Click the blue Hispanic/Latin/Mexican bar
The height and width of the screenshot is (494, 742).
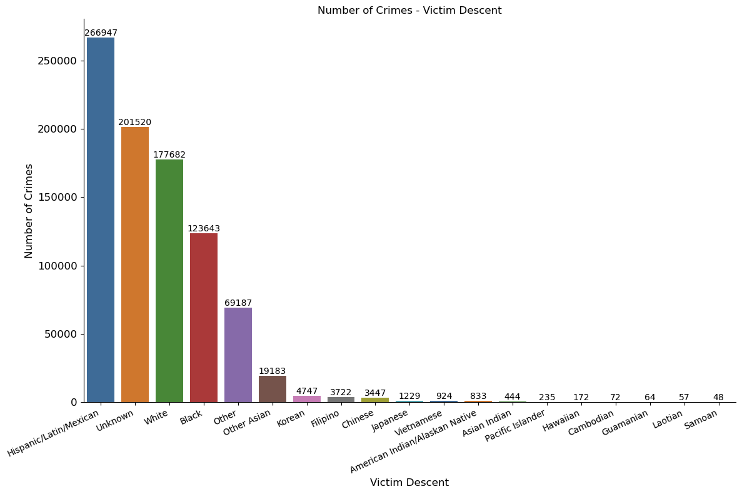(101, 219)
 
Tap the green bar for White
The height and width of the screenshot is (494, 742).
(169, 281)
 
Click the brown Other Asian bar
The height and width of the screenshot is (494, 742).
(273, 389)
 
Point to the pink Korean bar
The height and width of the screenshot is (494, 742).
(307, 398)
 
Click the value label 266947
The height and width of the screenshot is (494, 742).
(101, 33)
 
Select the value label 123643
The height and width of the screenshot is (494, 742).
(204, 229)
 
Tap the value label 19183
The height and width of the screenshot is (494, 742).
(273, 371)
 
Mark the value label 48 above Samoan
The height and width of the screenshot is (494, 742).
(718, 398)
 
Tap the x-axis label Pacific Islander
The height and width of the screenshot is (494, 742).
(515, 425)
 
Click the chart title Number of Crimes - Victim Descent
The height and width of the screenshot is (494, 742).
(409, 11)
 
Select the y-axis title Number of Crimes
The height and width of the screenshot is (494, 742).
(29, 211)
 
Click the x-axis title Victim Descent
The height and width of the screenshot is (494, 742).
(409, 483)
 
